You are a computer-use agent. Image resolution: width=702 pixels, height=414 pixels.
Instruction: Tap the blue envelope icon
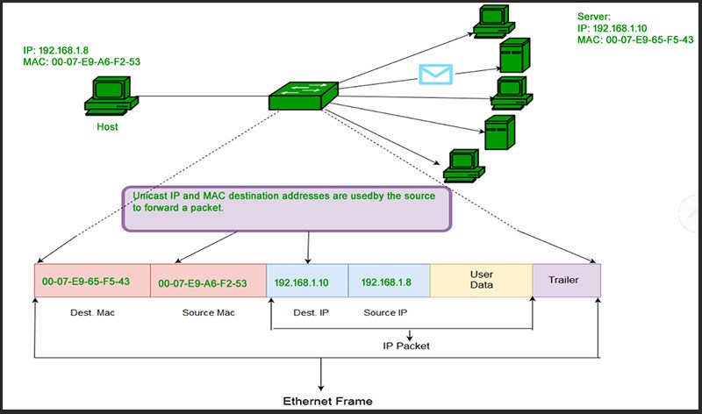point(432,73)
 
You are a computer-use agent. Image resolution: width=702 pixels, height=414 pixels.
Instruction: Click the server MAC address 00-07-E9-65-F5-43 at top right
point(635,40)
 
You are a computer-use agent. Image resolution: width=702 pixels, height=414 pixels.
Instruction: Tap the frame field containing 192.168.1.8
point(389,282)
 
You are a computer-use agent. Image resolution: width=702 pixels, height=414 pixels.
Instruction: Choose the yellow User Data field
point(482,281)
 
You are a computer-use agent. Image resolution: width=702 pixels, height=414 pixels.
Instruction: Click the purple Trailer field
point(567,280)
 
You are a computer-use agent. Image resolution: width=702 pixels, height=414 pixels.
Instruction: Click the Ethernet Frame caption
point(327,401)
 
